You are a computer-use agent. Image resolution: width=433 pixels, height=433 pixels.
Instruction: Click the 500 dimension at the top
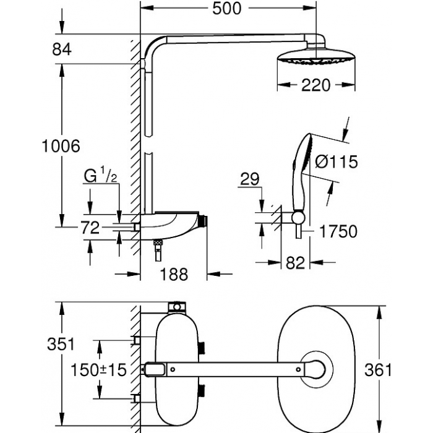coord(227,9)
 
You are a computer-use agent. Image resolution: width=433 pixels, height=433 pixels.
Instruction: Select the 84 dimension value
coord(62,49)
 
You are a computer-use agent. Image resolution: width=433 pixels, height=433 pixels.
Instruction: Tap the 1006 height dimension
coord(61,146)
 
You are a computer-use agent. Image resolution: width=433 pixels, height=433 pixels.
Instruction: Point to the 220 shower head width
coord(315,85)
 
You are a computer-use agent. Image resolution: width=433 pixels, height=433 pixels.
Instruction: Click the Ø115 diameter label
coord(337,161)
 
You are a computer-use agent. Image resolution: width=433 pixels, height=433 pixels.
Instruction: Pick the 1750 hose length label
coord(338,231)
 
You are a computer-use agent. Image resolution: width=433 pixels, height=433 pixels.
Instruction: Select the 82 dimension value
coord(295,263)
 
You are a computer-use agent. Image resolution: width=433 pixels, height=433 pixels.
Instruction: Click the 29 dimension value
coord(250,179)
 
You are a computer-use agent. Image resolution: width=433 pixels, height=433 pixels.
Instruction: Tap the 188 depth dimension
coord(174,275)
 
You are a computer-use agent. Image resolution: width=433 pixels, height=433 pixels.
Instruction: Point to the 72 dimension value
coord(90,228)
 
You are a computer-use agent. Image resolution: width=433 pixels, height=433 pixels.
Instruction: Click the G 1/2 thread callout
coord(100,176)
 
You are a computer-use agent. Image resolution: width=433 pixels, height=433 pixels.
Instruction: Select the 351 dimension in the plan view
coord(61,345)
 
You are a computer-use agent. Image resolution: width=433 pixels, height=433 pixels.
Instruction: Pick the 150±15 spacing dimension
coord(98,370)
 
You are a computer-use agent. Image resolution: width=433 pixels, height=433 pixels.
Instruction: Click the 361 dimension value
coord(378,370)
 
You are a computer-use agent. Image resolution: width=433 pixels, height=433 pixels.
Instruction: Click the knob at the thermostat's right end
coord(203,221)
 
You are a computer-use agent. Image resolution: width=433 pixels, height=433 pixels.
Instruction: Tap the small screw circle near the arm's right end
coord(298,369)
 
